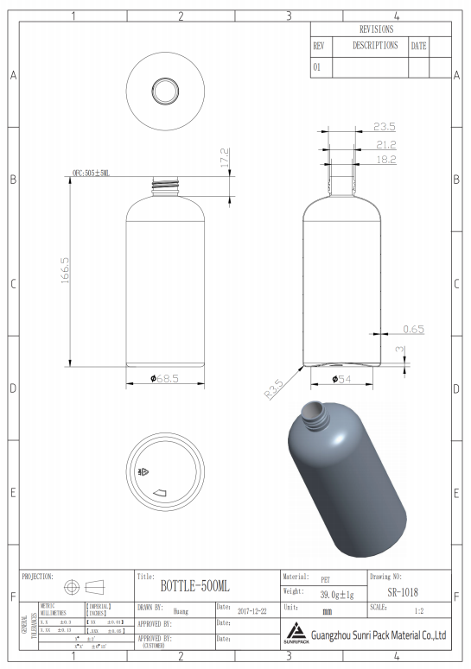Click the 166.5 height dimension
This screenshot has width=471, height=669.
pyautogui.click(x=65, y=274)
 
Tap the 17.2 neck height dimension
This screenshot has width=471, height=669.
pyautogui.click(x=224, y=158)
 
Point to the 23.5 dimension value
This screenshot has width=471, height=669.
pyautogui.click(x=385, y=127)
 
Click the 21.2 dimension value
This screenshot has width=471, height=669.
pyautogui.click(x=385, y=144)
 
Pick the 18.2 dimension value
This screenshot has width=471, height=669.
pyautogui.click(x=385, y=160)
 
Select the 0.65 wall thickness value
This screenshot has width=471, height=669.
pyautogui.click(x=413, y=329)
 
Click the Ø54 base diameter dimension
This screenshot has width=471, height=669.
pyautogui.click(x=341, y=378)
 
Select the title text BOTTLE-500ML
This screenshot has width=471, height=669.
pyautogui.click(x=195, y=586)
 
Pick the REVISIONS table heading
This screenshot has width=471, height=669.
pyautogui.click(x=380, y=28)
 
